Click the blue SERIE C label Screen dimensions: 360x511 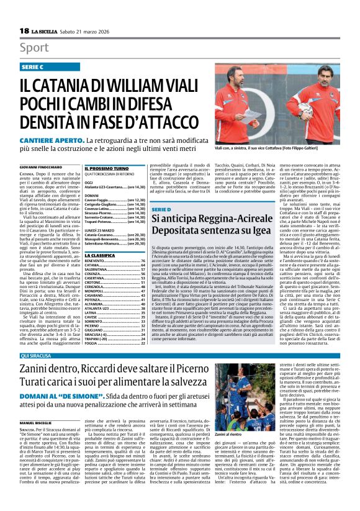click(33, 66)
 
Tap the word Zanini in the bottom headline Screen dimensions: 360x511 click(38, 371)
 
